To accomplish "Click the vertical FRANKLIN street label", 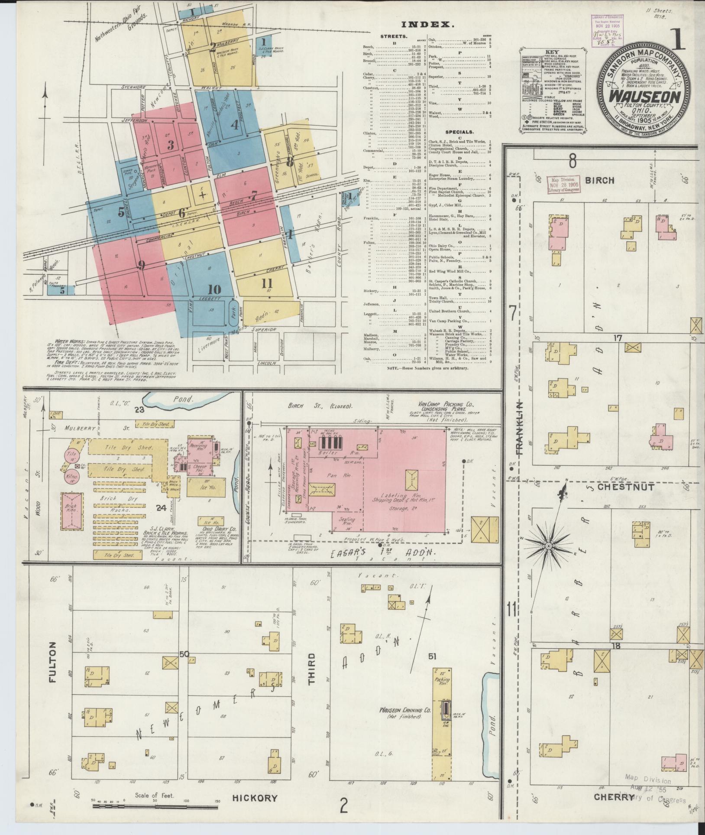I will pos(520,428).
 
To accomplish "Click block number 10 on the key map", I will pos(214,289).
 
